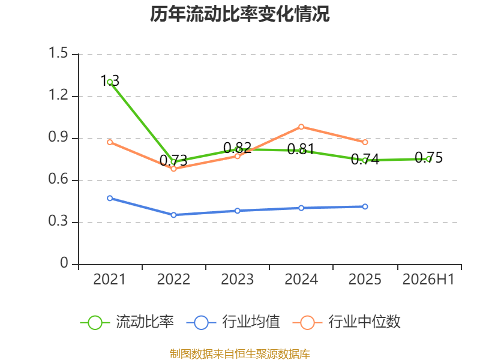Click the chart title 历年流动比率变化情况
(239, 14)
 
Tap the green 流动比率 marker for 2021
(110, 82)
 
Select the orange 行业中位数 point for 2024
(301, 127)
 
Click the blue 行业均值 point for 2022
(173, 215)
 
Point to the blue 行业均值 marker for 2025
(365, 206)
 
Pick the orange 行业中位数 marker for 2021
(110, 142)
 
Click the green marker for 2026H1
(428, 159)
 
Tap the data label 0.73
(173, 161)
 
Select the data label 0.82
(237, 148)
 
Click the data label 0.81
(301, 149)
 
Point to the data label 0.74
(365, 159)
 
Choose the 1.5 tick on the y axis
(58, 53)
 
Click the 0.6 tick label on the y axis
(58, 179)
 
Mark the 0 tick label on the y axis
(64, 263)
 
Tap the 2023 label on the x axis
(237, 280)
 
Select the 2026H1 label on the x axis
(428, 280)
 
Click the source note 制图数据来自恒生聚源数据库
(240, 354)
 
